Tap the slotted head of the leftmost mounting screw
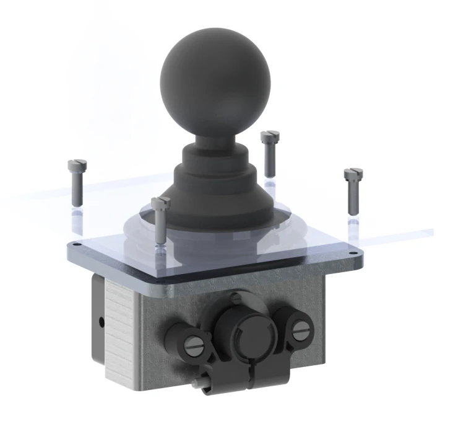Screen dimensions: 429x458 click(x=76, y=165)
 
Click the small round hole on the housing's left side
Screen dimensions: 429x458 click(x=102, y=322)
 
